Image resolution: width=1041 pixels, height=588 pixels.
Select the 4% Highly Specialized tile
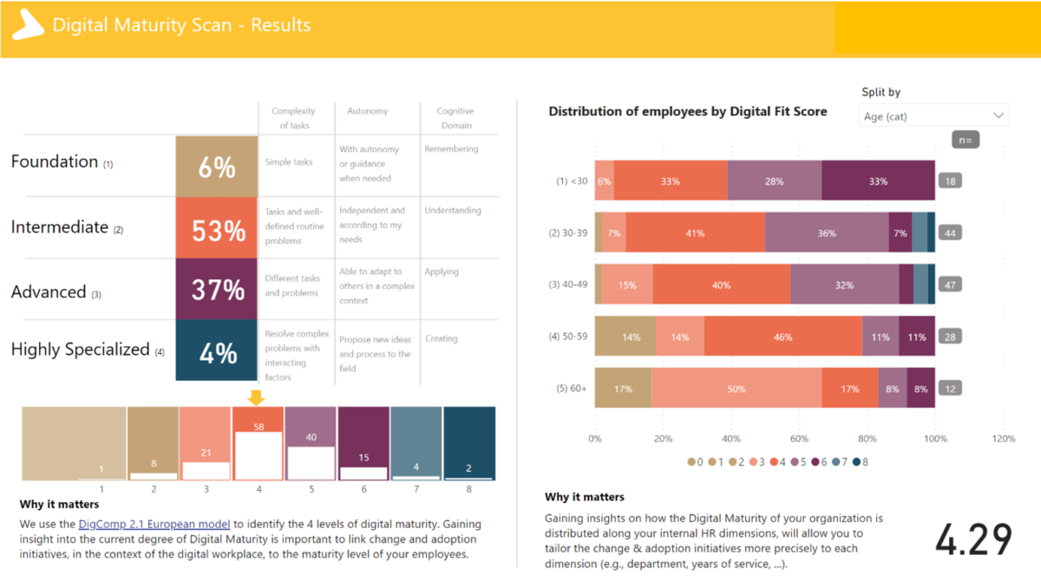tap(217, 350)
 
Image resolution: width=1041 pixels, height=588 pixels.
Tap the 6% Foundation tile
tap(217, 167)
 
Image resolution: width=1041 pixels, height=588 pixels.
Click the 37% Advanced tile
tap(217, 290)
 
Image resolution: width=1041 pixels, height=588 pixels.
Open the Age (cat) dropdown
tap(934, 116)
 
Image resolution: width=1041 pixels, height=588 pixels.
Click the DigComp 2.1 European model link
tap(154, 524)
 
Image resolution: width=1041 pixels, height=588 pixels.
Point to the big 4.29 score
tap(973, 539)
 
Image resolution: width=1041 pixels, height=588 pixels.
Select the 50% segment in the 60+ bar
tap(736, 389)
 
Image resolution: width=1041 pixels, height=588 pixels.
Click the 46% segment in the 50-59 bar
tap(782, 337)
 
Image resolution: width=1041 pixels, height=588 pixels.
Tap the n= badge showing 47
tap(951, 284)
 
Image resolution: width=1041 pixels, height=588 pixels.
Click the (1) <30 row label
tap(572, 181)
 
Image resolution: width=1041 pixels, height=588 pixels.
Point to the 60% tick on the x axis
tap(799, 439)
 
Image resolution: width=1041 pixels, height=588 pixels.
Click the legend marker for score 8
tap(855, 462)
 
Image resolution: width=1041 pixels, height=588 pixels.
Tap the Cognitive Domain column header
tap(455, 118)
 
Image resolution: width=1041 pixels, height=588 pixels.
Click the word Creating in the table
tap(441, 339)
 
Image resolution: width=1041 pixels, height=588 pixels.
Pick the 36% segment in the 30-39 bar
tap(827, 233)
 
